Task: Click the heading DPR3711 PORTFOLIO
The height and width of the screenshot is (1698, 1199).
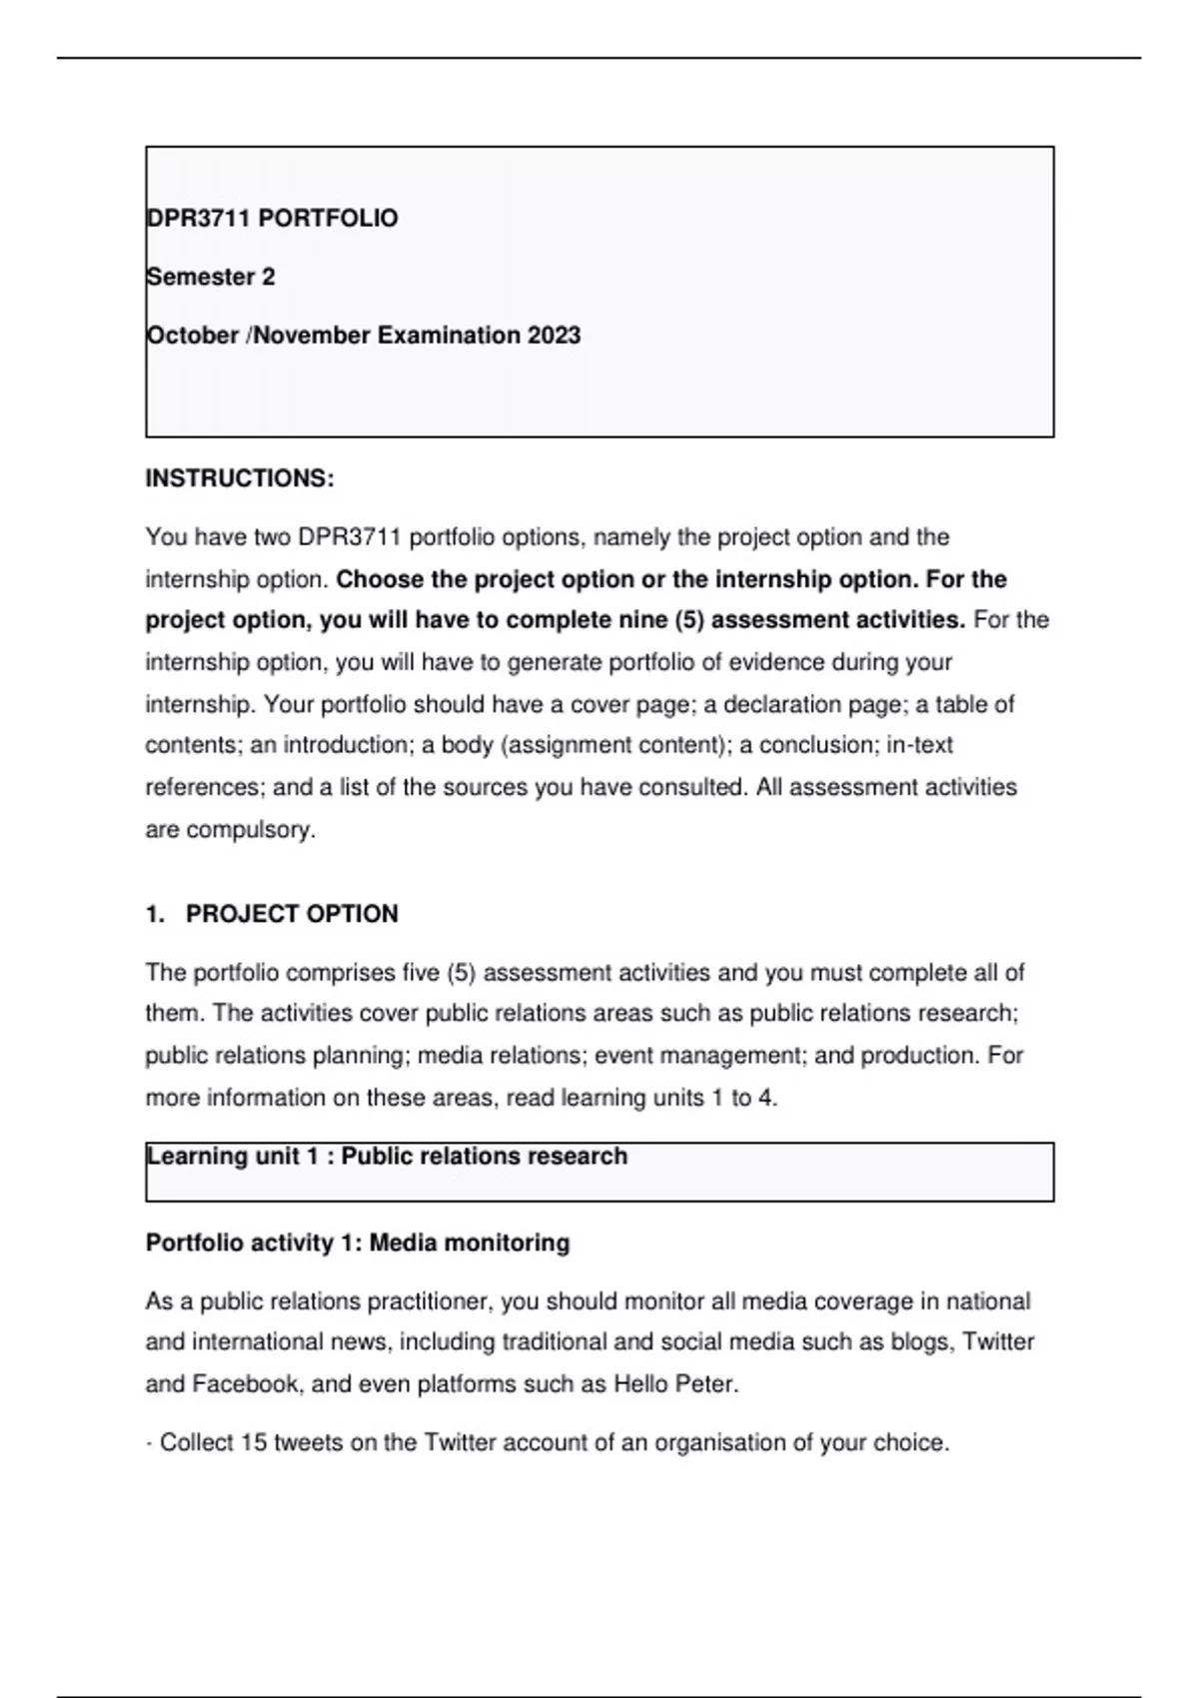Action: pos(272,219)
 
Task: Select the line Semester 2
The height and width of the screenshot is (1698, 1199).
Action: pos(210,277)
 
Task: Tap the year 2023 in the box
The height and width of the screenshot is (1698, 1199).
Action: pos(554,336)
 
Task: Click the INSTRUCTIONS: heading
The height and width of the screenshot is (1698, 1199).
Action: pos(240,478)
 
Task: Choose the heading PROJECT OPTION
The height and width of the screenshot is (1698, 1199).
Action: pos(292,914)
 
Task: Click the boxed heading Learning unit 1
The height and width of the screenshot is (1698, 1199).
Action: pos(387,1157)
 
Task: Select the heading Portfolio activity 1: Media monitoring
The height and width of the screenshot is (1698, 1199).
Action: pos(358,1243)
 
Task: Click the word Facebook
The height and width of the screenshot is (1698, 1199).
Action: pos(245,1384)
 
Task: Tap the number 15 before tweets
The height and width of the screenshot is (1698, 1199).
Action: pos(254,1443)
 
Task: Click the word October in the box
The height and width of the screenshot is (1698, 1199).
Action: pos(192,336)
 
